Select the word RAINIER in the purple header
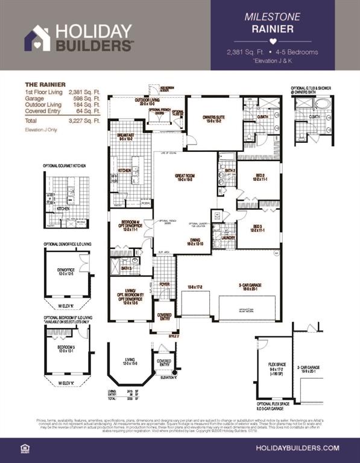pos(273,28)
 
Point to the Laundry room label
pos(228,238)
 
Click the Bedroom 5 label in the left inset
pos(65,348)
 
